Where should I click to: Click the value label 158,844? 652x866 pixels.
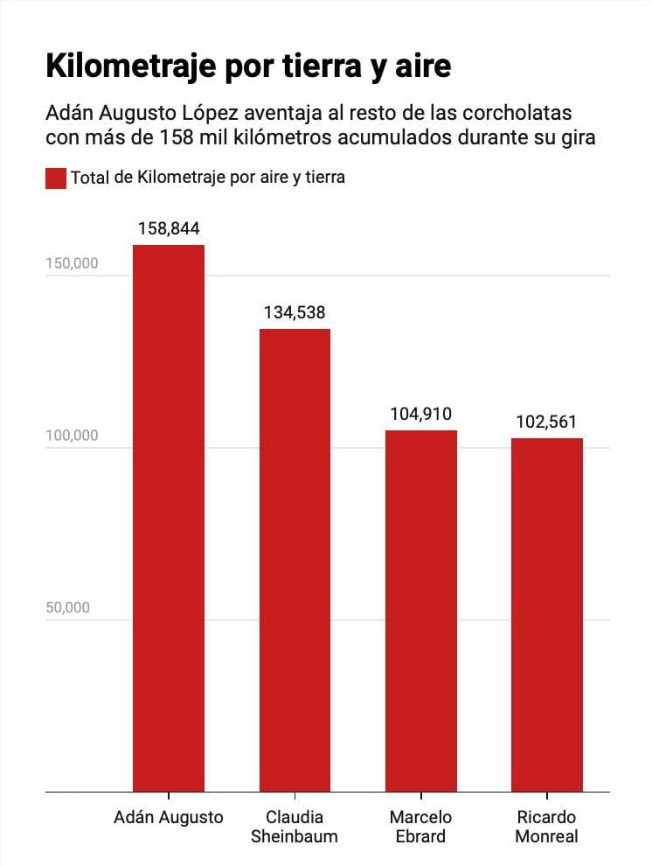169,229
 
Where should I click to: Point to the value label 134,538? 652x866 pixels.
295,313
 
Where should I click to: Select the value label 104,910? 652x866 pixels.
421,415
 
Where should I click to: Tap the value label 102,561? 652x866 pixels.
547,422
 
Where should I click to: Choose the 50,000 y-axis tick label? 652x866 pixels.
67,608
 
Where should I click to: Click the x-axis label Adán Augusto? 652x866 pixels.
169,818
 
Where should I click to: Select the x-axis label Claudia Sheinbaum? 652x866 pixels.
295,827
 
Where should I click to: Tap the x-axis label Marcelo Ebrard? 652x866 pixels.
421,827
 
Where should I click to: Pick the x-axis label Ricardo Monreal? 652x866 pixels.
547,827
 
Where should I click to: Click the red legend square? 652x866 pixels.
55,178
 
